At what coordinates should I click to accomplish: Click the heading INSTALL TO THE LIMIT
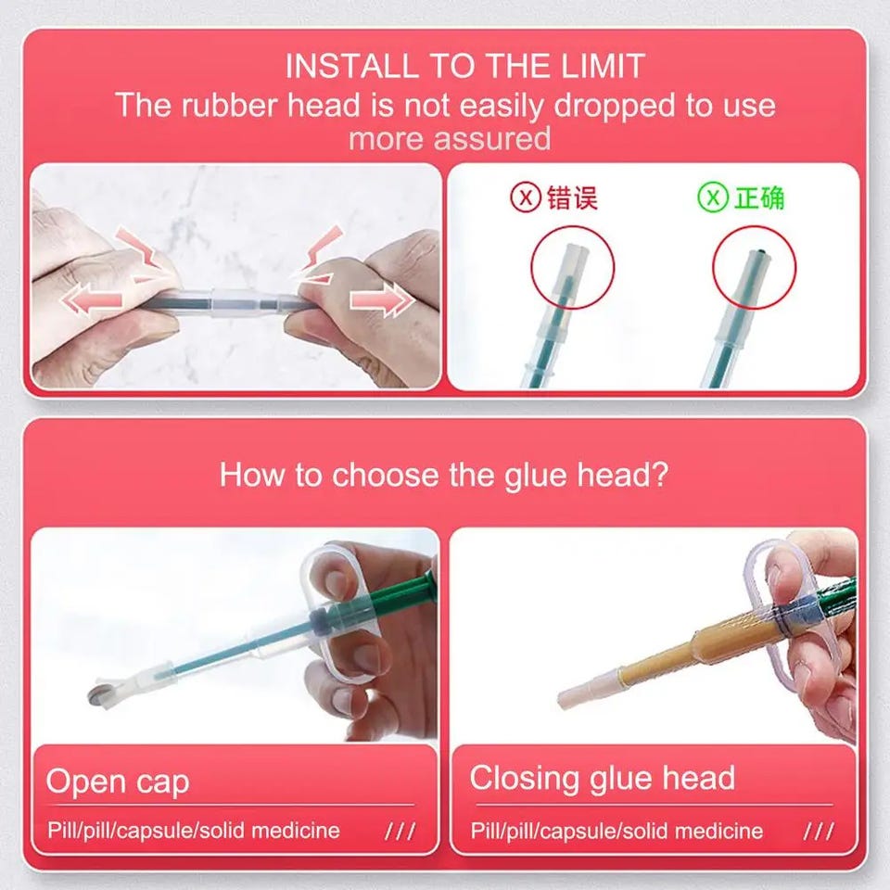pyautogui.click(x=464, y=66)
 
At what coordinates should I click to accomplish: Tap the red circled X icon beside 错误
pyautogui.click(x=525, y=197)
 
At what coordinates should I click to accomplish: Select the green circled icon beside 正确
pyautogui.click(x=713, y=197)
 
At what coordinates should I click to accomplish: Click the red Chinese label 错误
pyautogui.click(x=572, y=198)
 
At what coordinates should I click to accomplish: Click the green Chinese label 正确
pyautogui.click(x=759, y=198)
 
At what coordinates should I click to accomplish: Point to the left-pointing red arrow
pyautogui.click(x=92, y=299)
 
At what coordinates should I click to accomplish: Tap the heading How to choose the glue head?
pyautogui.click(x=444, y=474)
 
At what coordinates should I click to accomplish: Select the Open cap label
pyautogui.click(x=118, y=782)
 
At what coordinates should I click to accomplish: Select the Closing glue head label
pyautogui.click(x=603, y=778)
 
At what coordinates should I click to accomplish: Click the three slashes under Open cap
pyautogui.click(x=400, y=832)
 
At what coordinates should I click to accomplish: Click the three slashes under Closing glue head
pyautogui.click(x=819, y=832)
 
